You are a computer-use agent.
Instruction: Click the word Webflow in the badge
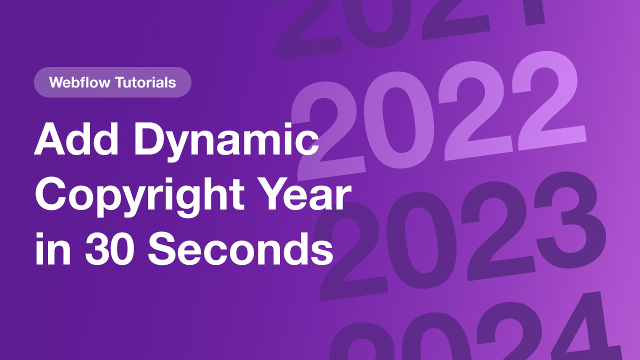pos(80,82)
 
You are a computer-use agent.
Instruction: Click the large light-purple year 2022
pos(440,115)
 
